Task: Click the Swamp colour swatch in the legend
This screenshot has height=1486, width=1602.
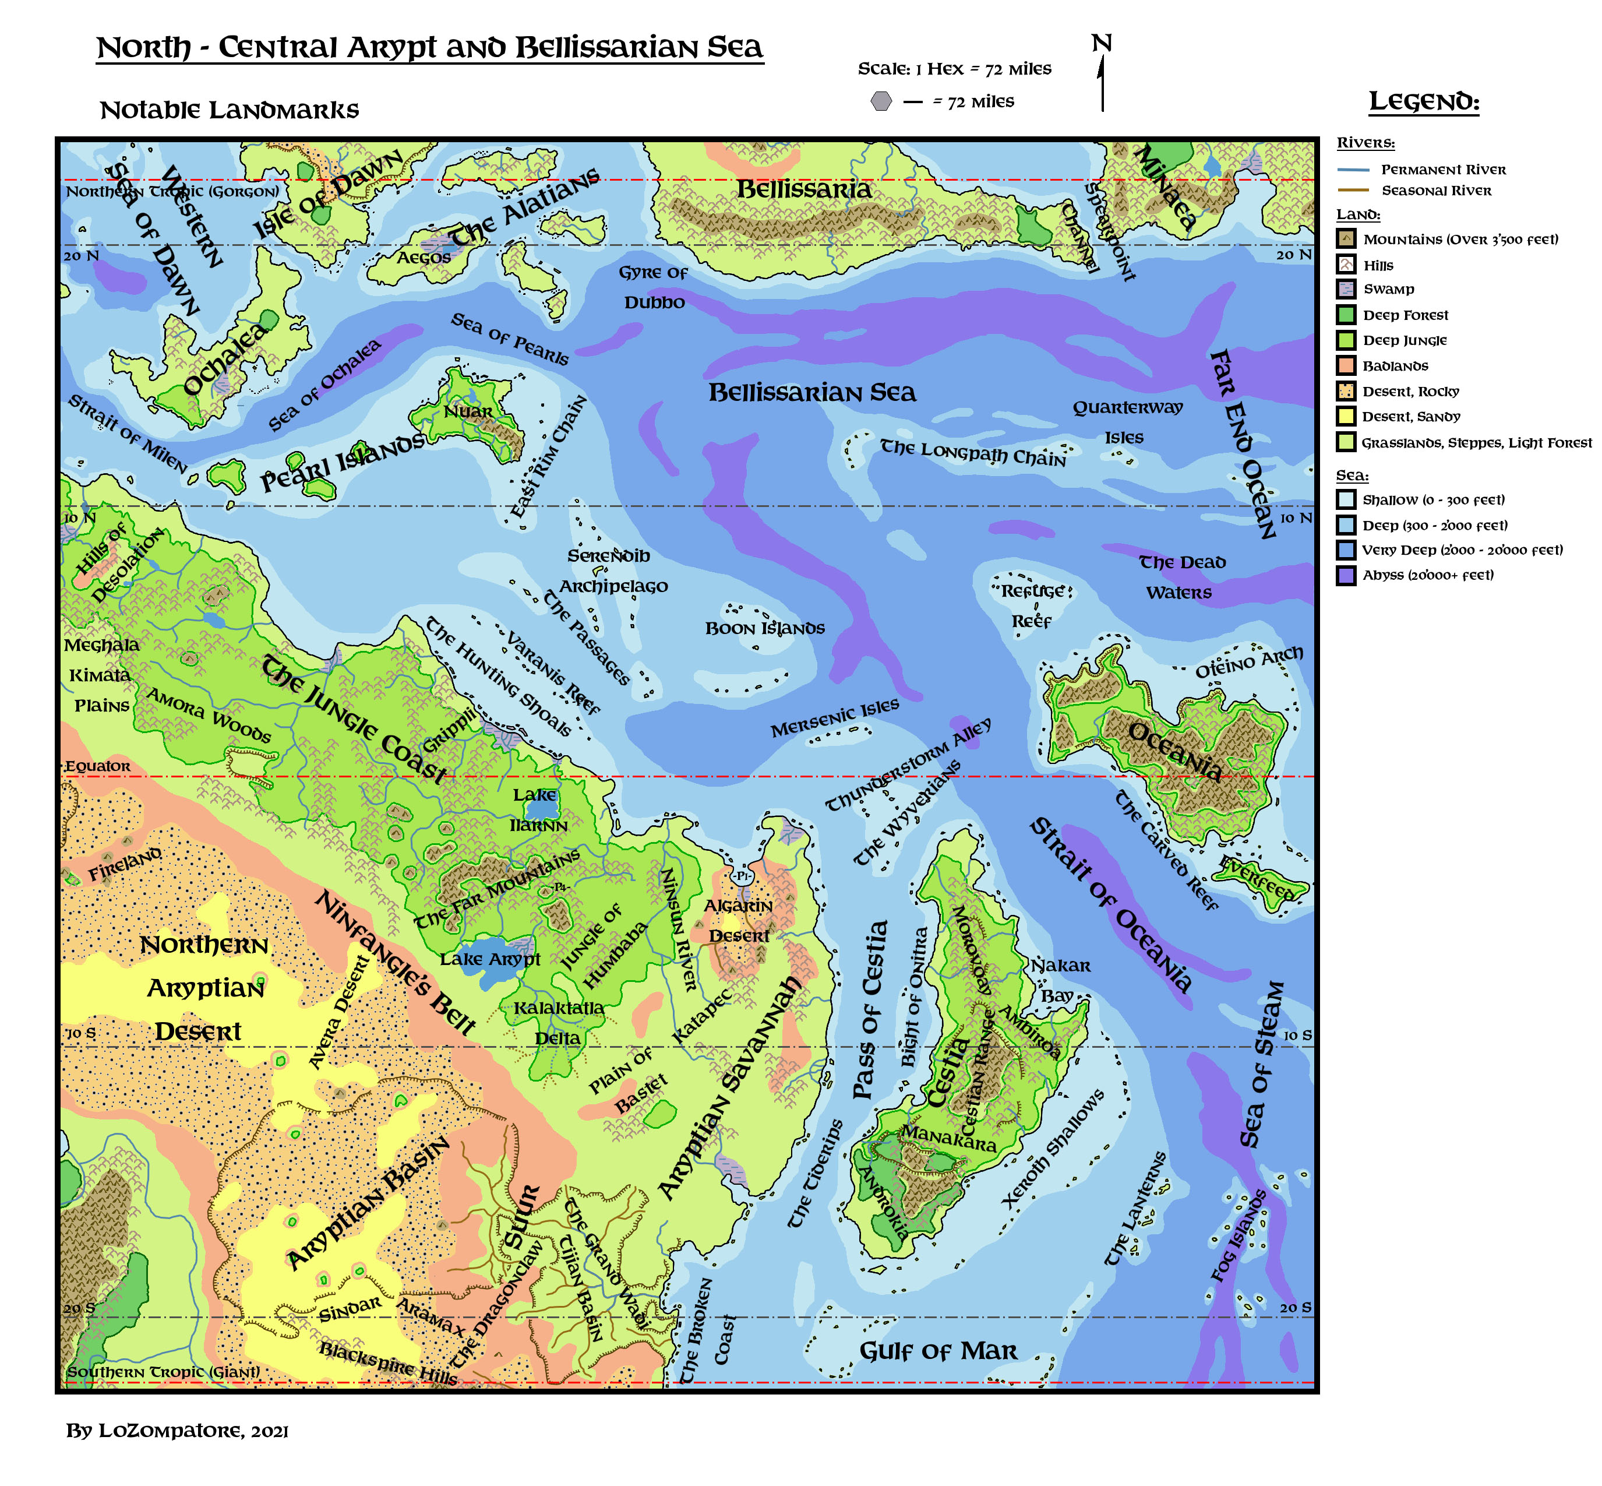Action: (1346, 288)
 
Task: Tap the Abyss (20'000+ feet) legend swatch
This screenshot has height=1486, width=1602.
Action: (1346, 576)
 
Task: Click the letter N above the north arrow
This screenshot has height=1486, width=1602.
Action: (1101, 44)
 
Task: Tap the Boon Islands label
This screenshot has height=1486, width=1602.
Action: (764, 629)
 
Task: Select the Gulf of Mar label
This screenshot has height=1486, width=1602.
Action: (938, 1351)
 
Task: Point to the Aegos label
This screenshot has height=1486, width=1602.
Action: (424, 258)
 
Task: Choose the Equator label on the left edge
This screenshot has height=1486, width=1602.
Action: (97, 766)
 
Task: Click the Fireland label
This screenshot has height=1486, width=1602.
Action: (125, 864)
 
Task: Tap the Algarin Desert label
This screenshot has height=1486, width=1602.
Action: (739, 921)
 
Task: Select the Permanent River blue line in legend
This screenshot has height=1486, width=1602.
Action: (1353, 170)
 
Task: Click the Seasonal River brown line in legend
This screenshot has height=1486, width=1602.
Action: (1353, 191)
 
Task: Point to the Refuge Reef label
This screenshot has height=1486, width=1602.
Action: (1032, 605)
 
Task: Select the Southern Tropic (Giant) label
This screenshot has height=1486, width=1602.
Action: (163, 1372)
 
